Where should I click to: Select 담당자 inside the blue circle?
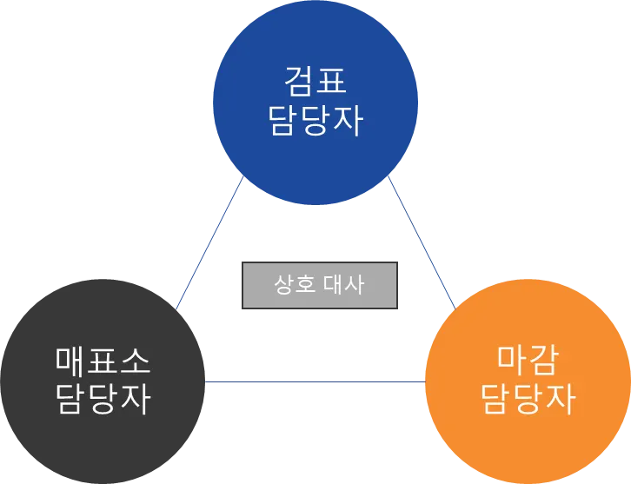coord(315,122)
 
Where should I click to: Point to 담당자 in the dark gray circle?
coord(103,400)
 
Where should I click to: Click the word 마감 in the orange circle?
coord(528,358)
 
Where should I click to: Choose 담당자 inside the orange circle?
coord(528,399)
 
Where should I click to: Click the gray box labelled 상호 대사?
coord(319,285)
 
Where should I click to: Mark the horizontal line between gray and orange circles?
coord(315,380)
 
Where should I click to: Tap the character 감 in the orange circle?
coord(545,358)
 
